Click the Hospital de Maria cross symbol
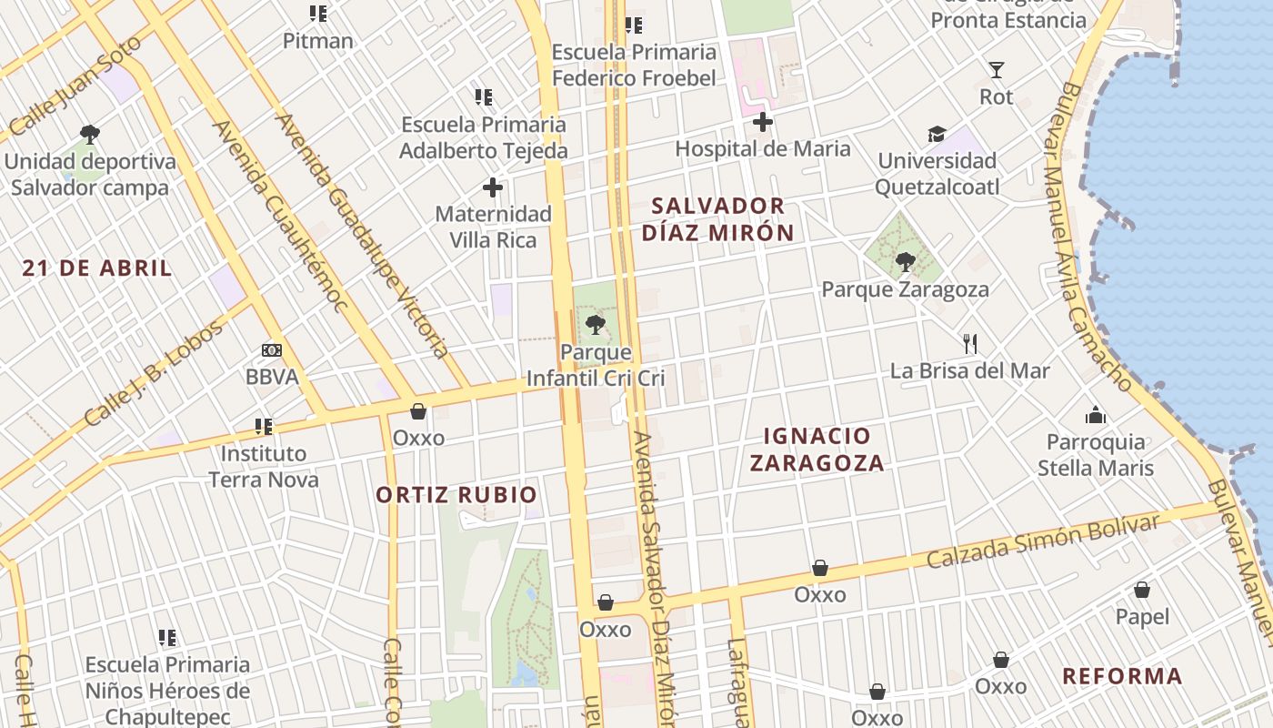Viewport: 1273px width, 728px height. [762, 122]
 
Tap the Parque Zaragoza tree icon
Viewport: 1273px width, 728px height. [905, 262]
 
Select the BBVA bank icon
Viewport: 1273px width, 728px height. [271, 350]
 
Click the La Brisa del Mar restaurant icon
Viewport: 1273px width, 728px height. [970, 343]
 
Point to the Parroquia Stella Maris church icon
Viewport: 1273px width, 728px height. [1096, 415]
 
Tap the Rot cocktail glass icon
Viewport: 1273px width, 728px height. [997, 69]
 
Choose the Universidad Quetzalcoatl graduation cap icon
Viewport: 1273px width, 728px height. [937, 135]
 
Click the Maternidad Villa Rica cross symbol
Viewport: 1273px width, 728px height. [493, 187]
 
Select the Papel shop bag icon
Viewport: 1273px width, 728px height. [1142, 590]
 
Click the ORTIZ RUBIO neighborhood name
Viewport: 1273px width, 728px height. [456, 495]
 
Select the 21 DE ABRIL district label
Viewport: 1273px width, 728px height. [97, 268]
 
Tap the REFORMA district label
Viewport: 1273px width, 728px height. [1122, 676]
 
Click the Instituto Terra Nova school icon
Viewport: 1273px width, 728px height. [264, 426]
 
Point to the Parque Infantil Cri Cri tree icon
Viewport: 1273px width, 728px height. [596, 324]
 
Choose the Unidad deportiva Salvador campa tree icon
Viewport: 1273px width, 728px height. [89, 135]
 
